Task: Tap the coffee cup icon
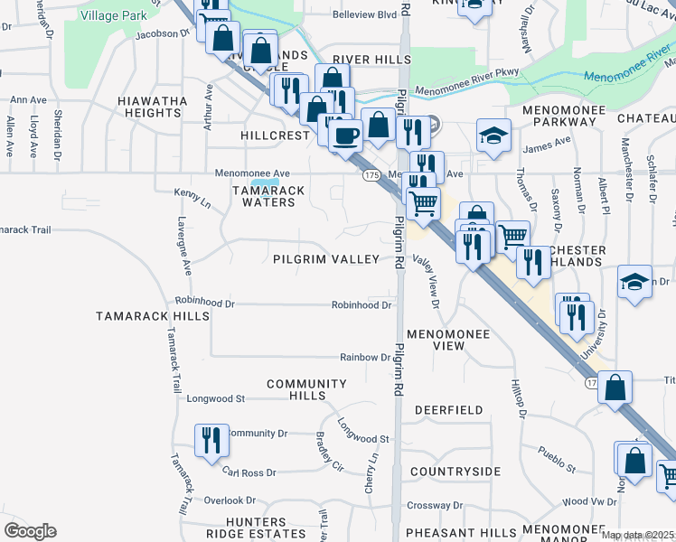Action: click(344, 136)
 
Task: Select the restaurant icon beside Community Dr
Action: click(211, 441)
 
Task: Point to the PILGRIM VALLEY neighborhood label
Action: click(326, 259)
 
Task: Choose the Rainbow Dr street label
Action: click(365, 358)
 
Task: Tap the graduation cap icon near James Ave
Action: click(493, 135)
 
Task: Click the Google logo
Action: click(30, 531)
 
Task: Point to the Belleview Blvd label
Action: click(339, 15)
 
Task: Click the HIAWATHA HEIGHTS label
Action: click(152, 107)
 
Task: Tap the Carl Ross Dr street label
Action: click(249, 472)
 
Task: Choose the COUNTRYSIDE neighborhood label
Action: click(455, 472)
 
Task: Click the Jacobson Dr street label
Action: click(163, 34)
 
